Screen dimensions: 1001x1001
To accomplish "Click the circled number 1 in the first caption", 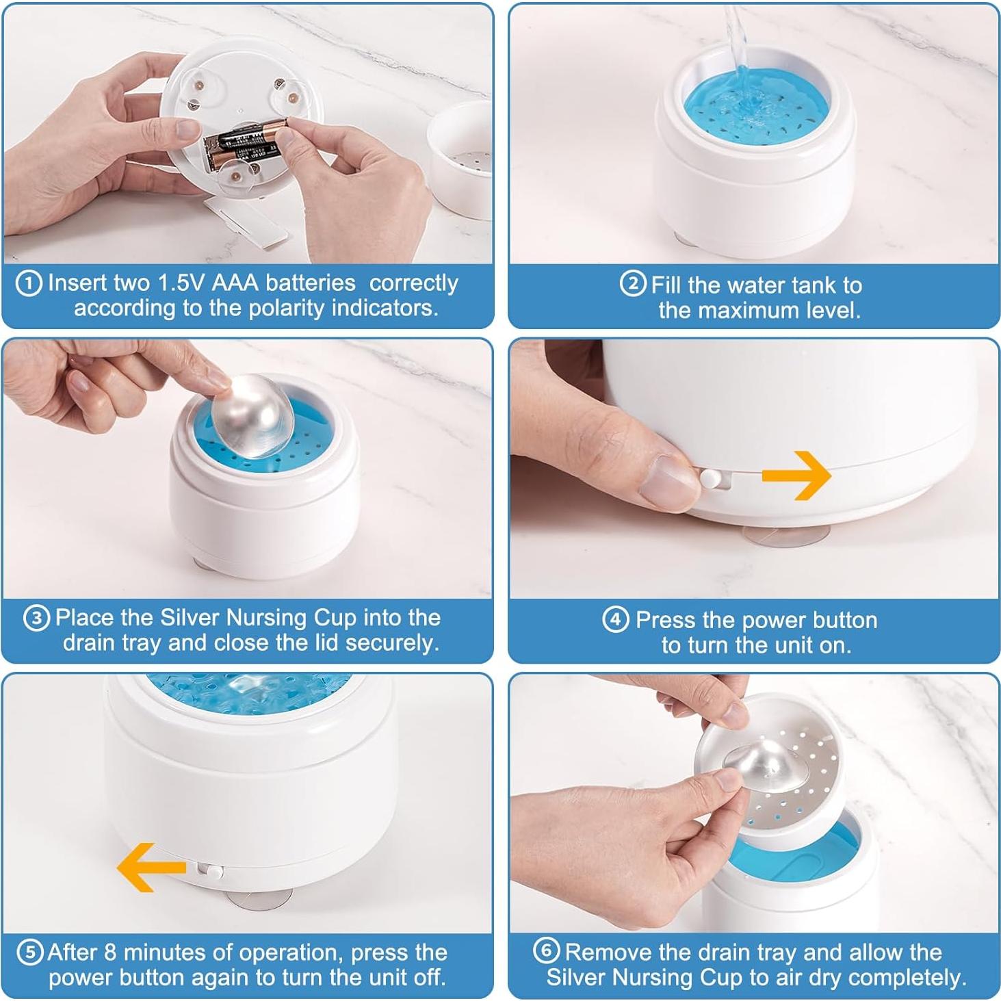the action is coord(29,284).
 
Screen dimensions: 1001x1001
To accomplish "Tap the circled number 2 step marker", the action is coord(633,284).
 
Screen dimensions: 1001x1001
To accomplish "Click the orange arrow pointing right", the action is coord(796,476).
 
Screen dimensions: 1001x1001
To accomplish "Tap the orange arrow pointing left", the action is coord(151,867).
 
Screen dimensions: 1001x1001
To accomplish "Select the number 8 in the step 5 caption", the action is coord(110,952).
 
